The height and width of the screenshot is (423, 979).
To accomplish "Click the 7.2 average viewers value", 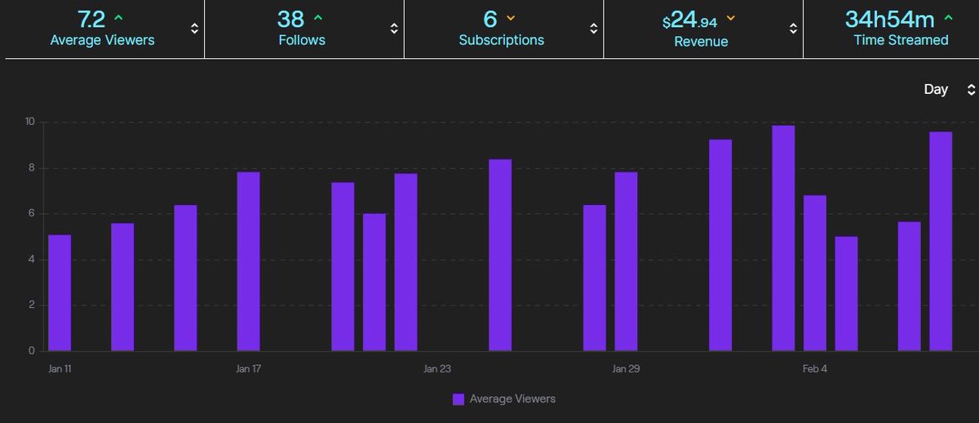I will [91, 19].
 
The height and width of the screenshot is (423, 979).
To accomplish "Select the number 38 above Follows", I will [292, 19].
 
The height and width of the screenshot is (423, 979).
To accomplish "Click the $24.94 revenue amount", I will [691, 20].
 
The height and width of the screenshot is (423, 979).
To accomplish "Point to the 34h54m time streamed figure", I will [888, 19].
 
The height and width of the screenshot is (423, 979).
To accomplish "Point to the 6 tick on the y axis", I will [31, 214].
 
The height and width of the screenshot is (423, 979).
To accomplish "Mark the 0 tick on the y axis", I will [31, 351].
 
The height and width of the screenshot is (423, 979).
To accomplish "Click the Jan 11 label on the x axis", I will [60, 369].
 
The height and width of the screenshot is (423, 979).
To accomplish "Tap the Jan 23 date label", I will [437, 369].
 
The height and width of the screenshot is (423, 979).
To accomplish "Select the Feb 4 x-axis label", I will [814, 369].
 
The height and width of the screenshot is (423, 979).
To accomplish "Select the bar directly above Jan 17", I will [248, 261].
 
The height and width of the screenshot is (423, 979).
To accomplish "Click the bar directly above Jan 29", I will [626, 261].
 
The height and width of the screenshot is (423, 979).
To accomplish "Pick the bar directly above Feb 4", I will [814, 274].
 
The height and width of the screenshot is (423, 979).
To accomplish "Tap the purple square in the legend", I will [458, 399].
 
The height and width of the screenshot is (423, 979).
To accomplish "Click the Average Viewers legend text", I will [512, 399].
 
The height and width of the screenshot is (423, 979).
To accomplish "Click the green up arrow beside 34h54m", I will [949, 16].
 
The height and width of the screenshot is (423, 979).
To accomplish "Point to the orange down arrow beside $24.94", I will [730, 17].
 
